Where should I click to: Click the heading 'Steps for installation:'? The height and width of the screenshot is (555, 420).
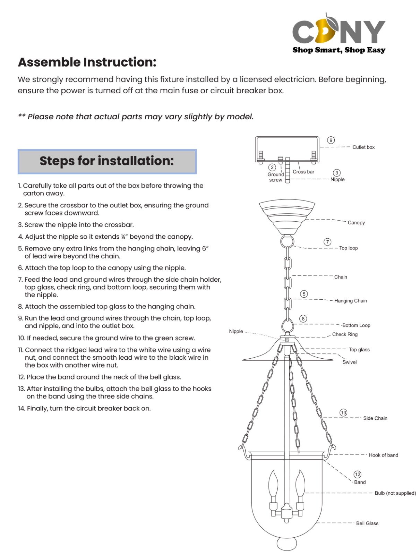(x=107, y=161)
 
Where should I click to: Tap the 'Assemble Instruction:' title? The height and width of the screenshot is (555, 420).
(x=87, y=62)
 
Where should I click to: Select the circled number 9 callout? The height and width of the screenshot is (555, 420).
(x=331, y=140)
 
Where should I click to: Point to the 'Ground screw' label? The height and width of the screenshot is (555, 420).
(x=276, y=177)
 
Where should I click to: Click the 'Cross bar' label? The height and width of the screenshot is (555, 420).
(x=303, y=172)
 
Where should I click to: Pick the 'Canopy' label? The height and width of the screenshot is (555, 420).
(x=356, y=223)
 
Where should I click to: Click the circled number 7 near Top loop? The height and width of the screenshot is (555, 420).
(x=327, y=242)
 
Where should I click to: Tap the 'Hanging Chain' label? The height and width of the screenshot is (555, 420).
(x=350, y=301)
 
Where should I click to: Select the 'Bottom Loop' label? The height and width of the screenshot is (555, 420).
(x=356, y=325)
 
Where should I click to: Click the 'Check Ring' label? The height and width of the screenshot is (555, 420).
(x=345, y=334)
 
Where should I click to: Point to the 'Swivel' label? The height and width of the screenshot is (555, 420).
(x=350, y=362)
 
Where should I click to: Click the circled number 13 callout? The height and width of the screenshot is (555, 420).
(x=343, y=412)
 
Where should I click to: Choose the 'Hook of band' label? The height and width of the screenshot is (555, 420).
(x=383, y=455)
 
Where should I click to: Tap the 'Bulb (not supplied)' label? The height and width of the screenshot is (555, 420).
(x=395, y=493)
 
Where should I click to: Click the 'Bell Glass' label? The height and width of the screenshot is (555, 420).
(x=367, y=523)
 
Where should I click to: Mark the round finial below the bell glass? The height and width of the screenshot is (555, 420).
(x=287, y=544)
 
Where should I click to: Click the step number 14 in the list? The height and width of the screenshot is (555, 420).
(x=22, y=409)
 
